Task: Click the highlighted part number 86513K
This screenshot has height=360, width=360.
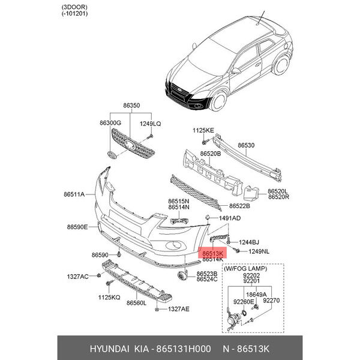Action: click(x=213, y=254)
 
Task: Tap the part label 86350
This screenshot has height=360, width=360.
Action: click(x=131, y=106)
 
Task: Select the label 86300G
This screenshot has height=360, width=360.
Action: click(x=110, y=123)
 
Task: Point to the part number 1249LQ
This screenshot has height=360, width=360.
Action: click(x=151, y=123)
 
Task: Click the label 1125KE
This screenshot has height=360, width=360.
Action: click(x=203, y=130)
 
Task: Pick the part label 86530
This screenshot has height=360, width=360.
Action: click(x=246, y=145)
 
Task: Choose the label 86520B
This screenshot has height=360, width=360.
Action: click(x=211, y=154)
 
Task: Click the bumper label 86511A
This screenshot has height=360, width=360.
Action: click(x=76, y=194)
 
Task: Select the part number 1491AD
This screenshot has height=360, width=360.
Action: click(x=230, y=218)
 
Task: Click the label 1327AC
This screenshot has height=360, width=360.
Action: click(x=77, y=277)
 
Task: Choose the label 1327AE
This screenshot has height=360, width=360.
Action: click(x=178, y=309)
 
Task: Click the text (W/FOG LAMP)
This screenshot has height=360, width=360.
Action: click(x=244, y=268)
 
